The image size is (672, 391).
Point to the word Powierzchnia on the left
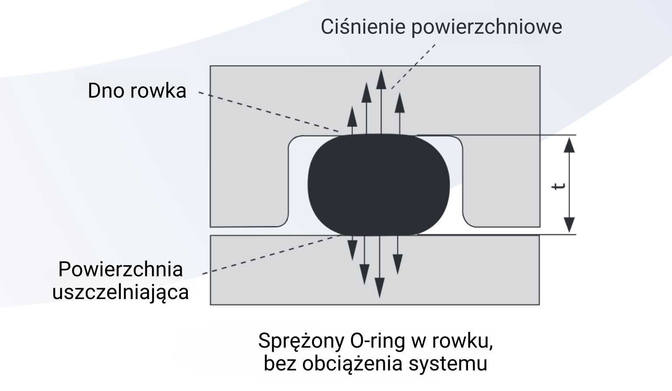[120, 269]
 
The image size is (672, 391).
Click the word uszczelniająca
[120, 292]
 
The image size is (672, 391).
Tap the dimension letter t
[558, 186]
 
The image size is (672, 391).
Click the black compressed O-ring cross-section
[379, 184]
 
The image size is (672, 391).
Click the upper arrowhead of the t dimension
[569, 144]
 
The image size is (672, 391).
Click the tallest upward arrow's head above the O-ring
[381, 79]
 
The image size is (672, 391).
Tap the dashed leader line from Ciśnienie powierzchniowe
[414, 66]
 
